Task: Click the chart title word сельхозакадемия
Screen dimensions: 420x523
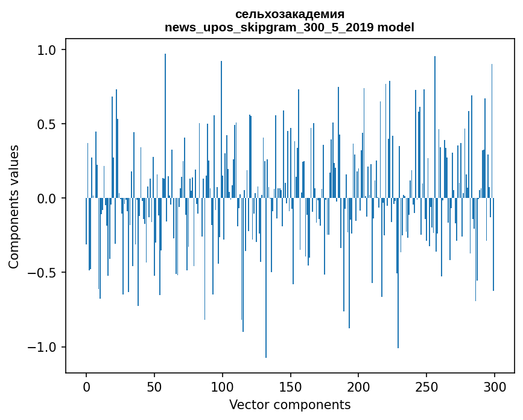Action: [290, 14]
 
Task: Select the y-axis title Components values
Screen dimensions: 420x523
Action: [14, 206]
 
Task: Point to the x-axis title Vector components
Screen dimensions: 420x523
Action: [290, 404]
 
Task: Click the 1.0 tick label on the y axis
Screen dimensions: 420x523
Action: [47, 50]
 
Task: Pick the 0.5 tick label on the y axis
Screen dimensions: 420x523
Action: [47, 124]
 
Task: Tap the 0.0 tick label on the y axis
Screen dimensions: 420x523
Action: [47, 199]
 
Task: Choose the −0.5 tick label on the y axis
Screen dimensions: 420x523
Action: [43, 273]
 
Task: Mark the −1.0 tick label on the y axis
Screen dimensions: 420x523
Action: [43, 347]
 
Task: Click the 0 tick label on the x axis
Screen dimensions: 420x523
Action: [86, 386]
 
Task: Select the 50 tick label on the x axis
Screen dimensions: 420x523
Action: [154, 386]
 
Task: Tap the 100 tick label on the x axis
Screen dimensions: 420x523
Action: [223, 386]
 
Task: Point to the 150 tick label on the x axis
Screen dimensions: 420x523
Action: [291, 386]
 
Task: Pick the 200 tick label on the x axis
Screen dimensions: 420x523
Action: [358, 386]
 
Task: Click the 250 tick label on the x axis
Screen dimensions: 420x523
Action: [426, 386]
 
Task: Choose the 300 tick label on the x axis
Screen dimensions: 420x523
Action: [495, 386]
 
